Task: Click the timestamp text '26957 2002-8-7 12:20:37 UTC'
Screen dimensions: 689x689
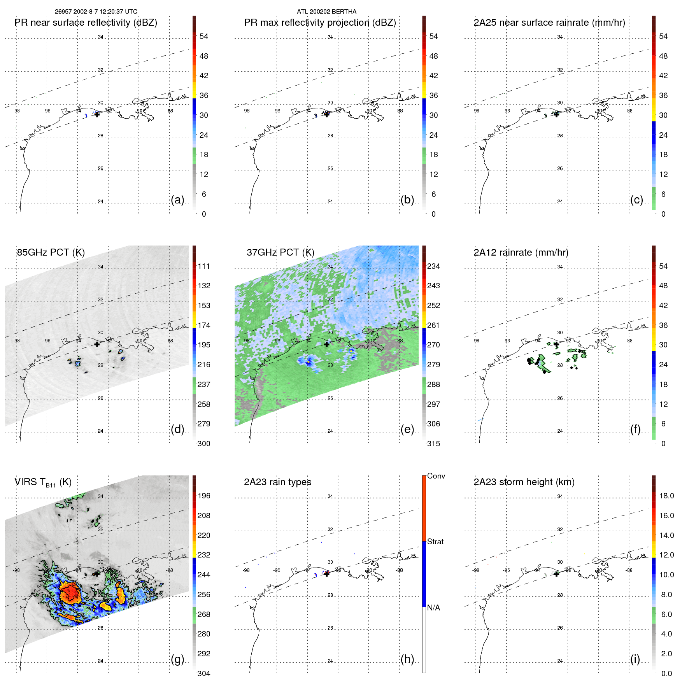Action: pos(96,12)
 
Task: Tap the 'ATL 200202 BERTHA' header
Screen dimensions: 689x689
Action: pos(326,12)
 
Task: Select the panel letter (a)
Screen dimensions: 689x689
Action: pos(177,200)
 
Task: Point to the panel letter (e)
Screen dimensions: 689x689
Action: pos(407,429)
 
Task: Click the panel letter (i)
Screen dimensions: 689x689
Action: pos(635,659)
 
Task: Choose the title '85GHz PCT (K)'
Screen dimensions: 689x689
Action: pos(51,252)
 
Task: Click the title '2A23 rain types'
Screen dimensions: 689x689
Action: pos(277,482)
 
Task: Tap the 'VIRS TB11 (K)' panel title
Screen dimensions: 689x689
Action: pos(43,482)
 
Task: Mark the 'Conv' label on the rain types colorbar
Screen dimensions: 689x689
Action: pos(436,476)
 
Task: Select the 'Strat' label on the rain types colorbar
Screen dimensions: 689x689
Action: pos(435,542)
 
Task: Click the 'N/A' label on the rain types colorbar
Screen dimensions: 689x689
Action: pos(433,608)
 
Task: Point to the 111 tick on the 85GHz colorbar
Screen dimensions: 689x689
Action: pos(204,266)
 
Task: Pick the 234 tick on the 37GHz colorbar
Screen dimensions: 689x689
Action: pos(433,266)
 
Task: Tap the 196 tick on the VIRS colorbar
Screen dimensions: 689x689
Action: pos(204,496)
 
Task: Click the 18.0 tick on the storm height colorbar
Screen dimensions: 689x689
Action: pos(666,496)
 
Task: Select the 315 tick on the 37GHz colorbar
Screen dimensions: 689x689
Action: pos(433,444)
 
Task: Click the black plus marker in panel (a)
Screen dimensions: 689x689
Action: pos(97,114)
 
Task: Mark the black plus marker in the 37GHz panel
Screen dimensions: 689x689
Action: pos(326,344)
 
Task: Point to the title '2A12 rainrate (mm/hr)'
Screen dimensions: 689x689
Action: pos(521,252)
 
